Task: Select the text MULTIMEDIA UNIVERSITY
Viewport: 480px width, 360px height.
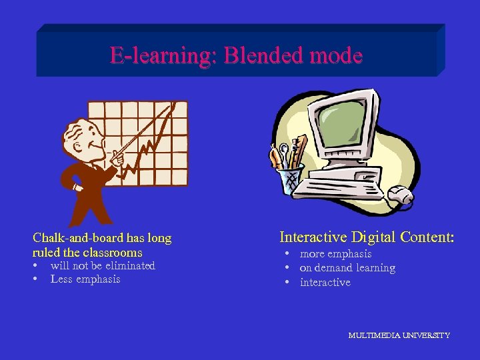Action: [x=399, y=335]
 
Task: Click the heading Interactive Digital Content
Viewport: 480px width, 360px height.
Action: [x=367, y=237]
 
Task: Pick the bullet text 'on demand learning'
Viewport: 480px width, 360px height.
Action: [x=347, y=268]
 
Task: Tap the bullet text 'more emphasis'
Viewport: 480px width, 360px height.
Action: [x=335, y=254]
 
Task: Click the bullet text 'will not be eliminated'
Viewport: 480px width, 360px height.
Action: [x=103, y=266]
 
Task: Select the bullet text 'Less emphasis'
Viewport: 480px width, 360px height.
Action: [x=85, y=279]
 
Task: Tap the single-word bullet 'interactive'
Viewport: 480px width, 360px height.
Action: [x=325, y=283]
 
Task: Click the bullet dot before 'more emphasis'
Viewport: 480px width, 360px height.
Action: [x=285, y=254]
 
